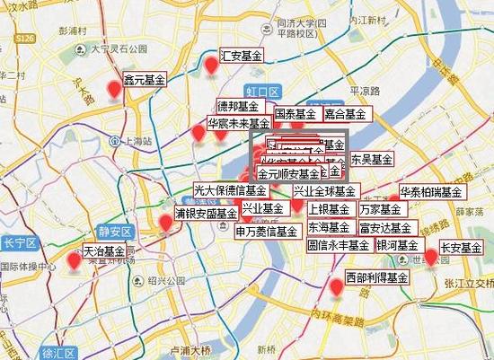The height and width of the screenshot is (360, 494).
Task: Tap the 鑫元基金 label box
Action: [145, 80]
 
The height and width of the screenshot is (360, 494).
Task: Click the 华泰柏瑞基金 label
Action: [431, 192]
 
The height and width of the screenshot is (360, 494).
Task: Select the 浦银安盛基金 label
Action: [206, 214]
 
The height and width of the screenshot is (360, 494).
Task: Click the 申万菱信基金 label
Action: [267, 231]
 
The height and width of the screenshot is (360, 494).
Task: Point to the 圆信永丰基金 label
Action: [339, 244]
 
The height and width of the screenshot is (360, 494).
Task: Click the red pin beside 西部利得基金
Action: [337, 287]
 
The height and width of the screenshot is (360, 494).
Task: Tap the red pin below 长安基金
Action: [430, 258]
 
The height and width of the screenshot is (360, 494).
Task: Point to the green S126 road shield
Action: [26, 38]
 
